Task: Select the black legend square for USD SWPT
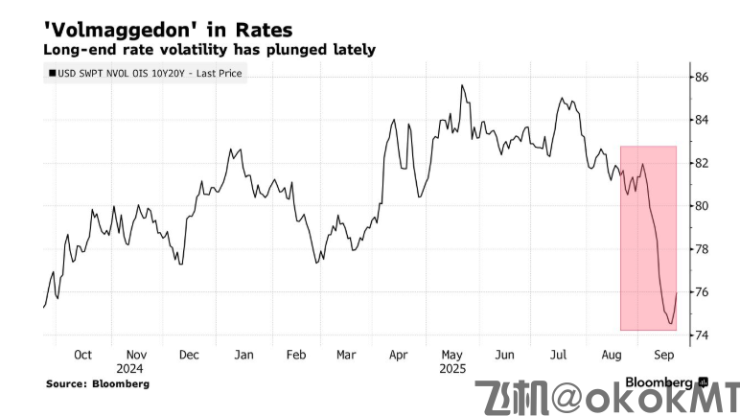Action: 51,73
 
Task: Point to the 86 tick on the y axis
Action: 701,77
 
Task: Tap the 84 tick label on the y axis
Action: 701,120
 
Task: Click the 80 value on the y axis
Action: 701,206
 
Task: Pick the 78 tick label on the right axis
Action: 701,249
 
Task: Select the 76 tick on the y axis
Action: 701,291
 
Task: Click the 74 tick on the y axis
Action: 701,335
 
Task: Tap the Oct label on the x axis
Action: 82,354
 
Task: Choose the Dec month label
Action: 189,354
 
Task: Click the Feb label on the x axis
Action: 295,354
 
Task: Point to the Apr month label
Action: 399,354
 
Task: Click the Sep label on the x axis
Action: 661,354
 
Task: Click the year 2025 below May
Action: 451,368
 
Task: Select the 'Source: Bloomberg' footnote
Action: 97,384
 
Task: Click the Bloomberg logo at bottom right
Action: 660,382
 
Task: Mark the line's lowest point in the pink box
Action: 669,324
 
